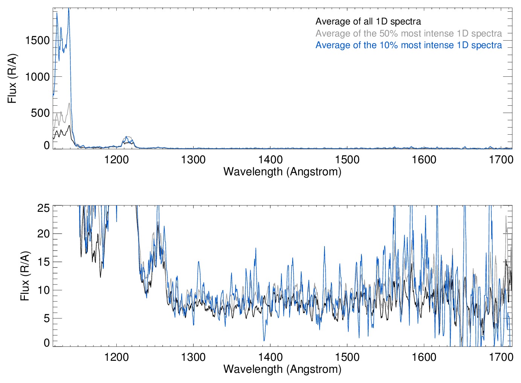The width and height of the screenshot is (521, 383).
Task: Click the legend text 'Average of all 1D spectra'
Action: (x=368, y=21)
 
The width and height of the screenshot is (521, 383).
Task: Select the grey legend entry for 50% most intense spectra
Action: (x=408, y=33)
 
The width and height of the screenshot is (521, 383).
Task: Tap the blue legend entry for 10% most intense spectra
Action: (x=408, y=45)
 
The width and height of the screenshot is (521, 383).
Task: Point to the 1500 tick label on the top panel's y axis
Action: (x=37, y=40)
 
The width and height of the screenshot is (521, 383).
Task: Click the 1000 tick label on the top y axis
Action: (x=37, y=77)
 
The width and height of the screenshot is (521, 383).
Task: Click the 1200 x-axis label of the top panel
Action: (x=116, y=160)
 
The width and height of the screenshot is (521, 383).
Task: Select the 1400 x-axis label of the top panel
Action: (x=270, y=160)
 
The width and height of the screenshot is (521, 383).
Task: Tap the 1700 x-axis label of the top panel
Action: (x=501, y=160)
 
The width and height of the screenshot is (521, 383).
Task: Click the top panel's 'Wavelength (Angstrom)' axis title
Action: (x=282, y=172)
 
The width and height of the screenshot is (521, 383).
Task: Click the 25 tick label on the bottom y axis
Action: (x=44, y=208)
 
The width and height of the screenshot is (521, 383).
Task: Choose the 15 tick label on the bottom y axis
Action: (x=44, y=262)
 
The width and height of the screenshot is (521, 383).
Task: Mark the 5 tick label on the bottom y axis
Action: (x=47, y=318)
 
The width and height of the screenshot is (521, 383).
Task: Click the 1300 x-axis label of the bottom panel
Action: (x=193, y=357)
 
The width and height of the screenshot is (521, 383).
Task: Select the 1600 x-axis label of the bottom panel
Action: (x=424, y=357)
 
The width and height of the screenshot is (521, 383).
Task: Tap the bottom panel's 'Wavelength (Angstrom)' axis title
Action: (x=282, y=369)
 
